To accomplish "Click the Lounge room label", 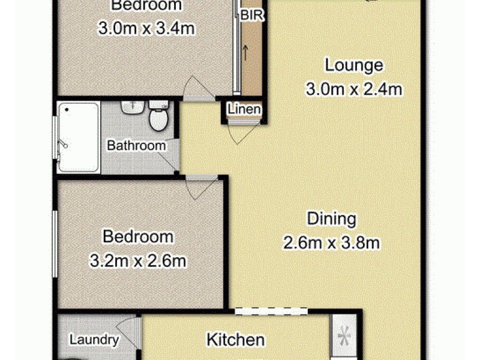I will coord(353,65).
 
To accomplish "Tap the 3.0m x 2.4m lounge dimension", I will coord(353,90).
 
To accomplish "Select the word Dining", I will coord(332,218).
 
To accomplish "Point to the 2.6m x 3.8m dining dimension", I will coord(332,243).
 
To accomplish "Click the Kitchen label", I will coord(236,340).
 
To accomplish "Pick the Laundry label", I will coord(94,340).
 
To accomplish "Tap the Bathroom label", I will coord(136,145).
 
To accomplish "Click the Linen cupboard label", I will coord(244,110).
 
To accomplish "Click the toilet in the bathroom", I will coord(158,118).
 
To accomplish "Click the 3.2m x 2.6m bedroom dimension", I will coord(138,262).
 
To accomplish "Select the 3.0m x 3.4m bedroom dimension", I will coord(147,29).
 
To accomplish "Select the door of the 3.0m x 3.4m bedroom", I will coord(198,89).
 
